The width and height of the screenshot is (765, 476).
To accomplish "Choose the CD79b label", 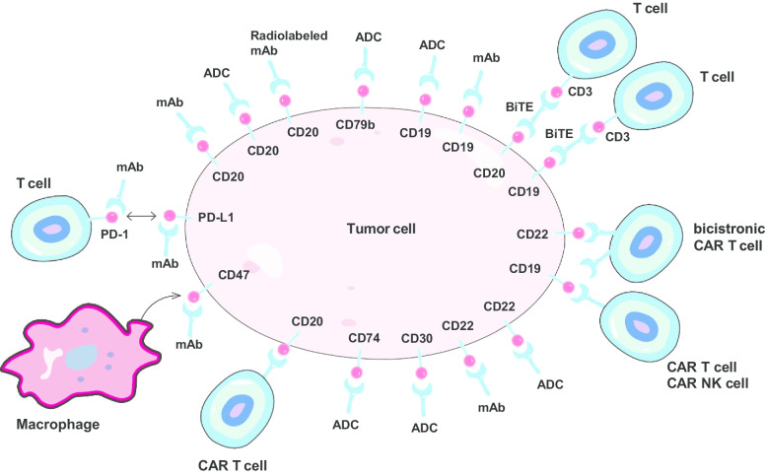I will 357,125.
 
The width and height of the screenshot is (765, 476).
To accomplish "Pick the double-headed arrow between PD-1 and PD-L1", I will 144,216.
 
